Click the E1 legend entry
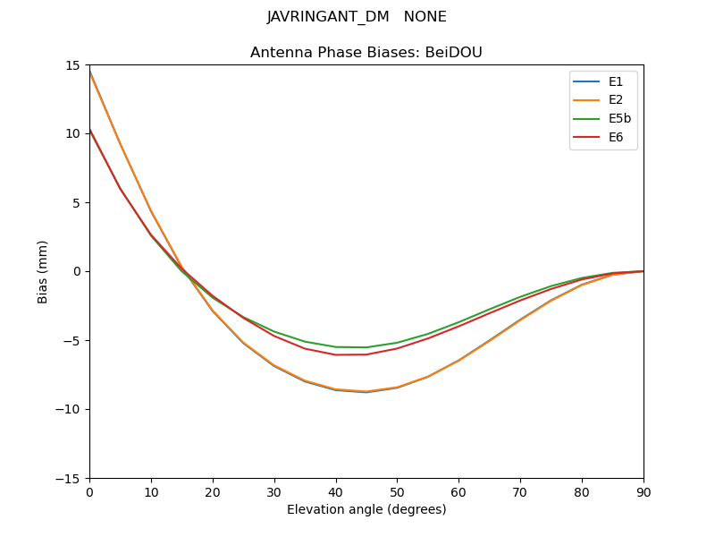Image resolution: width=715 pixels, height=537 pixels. click(616, 81)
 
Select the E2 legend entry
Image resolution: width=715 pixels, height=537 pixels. click(616, 100)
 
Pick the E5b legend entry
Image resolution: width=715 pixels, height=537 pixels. click(619, 119)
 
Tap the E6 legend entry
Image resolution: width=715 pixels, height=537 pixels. click(616, 138)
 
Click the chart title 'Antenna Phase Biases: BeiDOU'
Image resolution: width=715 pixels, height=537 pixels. click(366, 53)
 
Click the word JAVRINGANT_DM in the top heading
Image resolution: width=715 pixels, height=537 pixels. click(328, 17)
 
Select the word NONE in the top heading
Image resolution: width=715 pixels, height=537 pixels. click(425, 17)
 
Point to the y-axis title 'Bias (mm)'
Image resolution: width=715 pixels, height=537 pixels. click(43, 271)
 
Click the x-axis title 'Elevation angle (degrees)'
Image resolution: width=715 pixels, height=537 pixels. click(366, 510)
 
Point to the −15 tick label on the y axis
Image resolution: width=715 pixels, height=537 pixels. click(70, 478)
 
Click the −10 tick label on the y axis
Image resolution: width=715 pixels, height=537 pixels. click(70, 409)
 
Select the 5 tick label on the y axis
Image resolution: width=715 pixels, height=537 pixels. click(77, 202)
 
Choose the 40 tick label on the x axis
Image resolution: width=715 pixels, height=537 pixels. click(335, 492)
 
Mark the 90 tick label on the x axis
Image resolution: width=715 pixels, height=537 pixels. click(643, 492)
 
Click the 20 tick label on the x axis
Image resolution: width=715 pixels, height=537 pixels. click(213, 492)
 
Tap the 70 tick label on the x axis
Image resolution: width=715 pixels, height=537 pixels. click(520, 492)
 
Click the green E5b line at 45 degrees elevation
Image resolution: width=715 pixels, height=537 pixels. click(366, 347)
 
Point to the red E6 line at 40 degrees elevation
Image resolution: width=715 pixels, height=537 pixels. click(335, 354)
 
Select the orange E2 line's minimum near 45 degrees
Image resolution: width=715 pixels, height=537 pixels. click(366, 391)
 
